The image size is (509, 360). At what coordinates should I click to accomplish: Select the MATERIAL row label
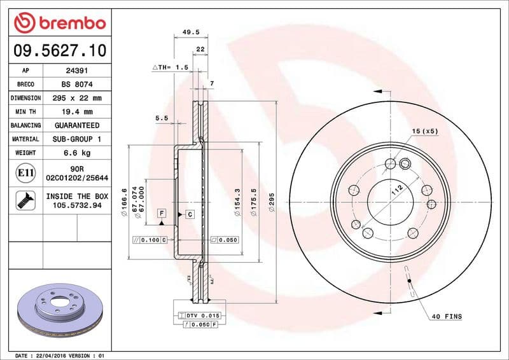(25, 139)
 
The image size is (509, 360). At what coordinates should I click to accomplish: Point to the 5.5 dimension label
(162, 118)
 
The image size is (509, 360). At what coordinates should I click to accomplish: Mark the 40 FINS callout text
(447, 316)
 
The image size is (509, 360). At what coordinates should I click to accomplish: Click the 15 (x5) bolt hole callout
(424, 131)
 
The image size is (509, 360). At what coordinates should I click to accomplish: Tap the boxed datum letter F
(162, 212)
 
